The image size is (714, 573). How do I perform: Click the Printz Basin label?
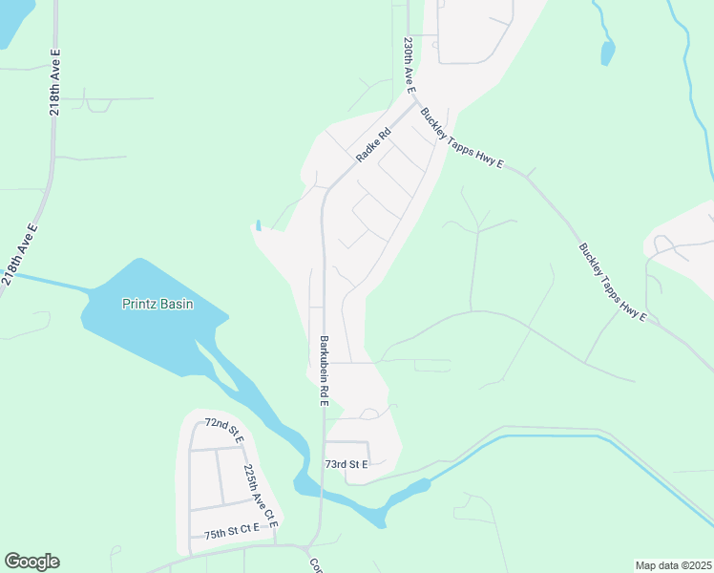coord(157,305)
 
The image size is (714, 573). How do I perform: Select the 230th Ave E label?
coord(409,65)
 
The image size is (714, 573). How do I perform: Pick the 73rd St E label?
coord(346,464)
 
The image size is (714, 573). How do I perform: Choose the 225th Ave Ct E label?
coord(259,498)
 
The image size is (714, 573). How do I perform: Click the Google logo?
coord(31,562)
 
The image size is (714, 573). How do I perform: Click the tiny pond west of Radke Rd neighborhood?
coord(257,226)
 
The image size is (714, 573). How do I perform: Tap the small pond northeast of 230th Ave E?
coord(607,53)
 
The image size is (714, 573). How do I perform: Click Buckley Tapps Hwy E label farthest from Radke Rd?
coord(612,284)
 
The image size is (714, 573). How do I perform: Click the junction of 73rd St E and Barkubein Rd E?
coord(324,442)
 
